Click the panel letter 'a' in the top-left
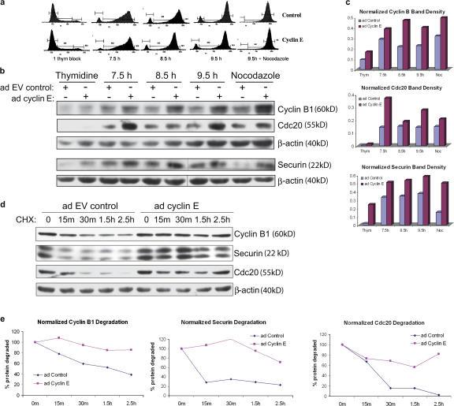point(4,5)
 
